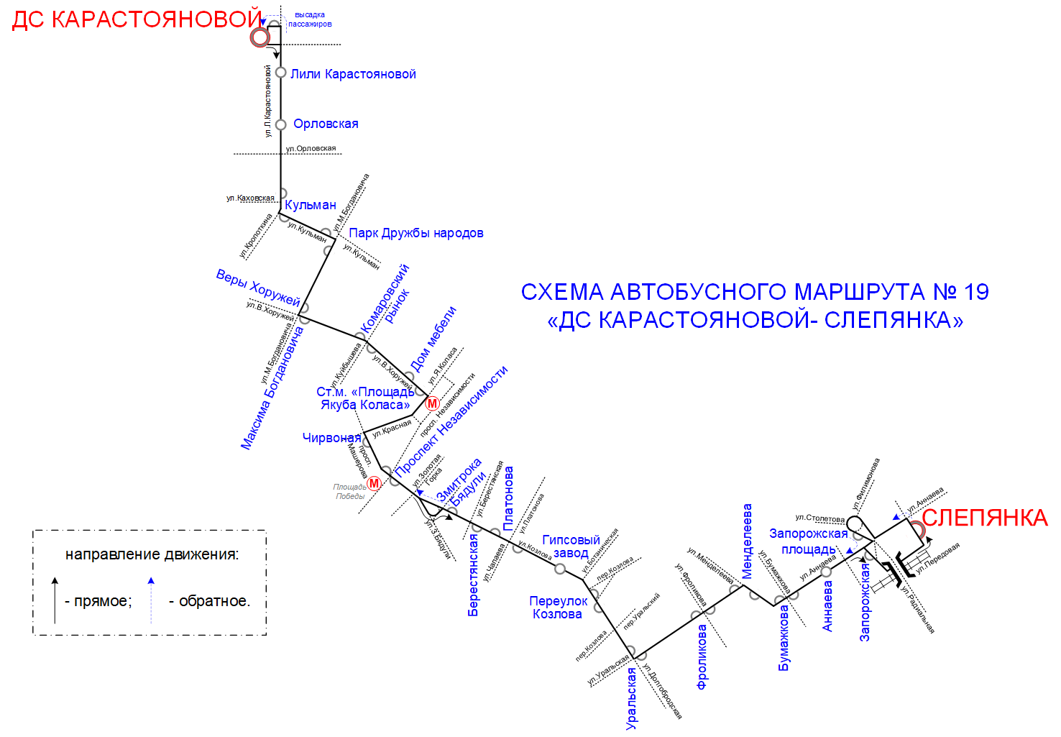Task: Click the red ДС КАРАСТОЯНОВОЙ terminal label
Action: [137, 19]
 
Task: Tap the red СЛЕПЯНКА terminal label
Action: [984, 518]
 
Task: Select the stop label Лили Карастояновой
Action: [353, 74]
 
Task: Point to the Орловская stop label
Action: [326, 124]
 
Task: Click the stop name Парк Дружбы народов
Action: [415, 233]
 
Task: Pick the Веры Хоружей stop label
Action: [257, 288]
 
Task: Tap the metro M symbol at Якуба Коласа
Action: [432, 403]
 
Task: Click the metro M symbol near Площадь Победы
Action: [374, 484]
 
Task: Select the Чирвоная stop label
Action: [331, 437]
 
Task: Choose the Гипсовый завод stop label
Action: [571, 546]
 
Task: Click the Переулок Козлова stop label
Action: [558, 608]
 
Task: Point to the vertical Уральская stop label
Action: [631, 698]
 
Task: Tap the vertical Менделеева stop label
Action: [747, 541]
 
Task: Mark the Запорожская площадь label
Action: [809, 541]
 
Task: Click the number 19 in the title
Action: [975, 292]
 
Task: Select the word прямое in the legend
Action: [102, 601]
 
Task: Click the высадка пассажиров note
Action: [310, 19]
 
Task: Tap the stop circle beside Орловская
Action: [281, 124]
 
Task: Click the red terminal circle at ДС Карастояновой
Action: [259, 37]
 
